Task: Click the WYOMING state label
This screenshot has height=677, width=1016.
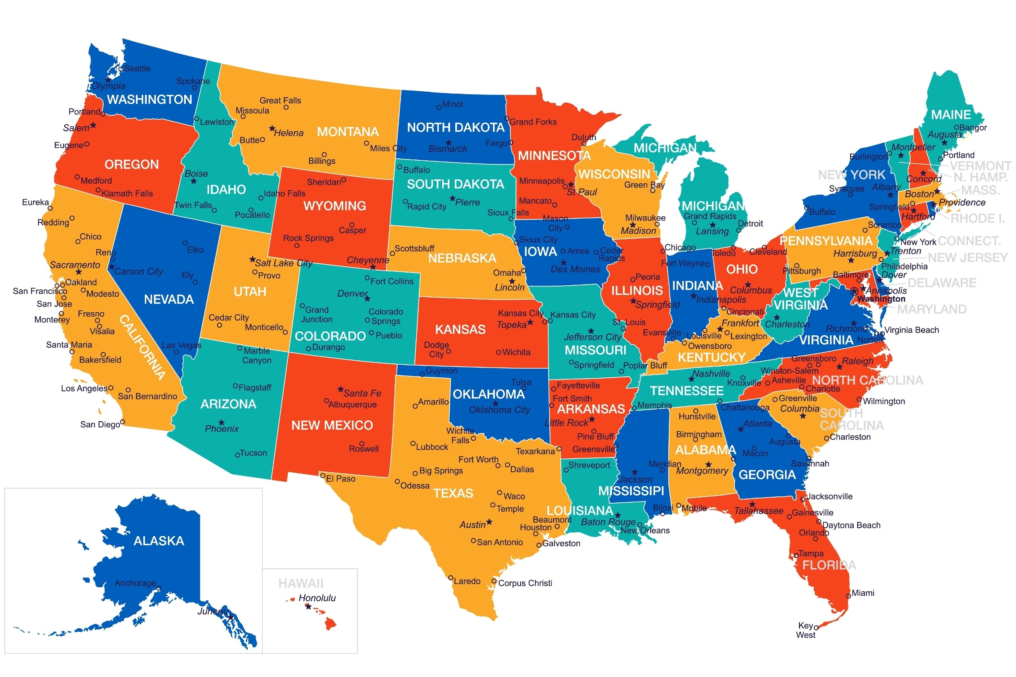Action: pos(334,206)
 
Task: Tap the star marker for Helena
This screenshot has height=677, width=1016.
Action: pos(271,128)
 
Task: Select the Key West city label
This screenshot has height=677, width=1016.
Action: pos(805,630)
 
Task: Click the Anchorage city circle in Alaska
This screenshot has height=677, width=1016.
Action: pos(158,588)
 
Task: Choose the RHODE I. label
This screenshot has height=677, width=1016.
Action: pos(978,219)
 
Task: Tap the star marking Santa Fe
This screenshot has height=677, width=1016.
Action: pos(340,389)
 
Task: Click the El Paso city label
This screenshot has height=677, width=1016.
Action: pos(340,479)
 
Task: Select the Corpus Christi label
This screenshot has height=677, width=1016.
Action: pos(525,583)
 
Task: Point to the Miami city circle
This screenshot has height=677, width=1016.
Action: pos(848,596)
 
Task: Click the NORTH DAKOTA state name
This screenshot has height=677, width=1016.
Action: pos(455,127)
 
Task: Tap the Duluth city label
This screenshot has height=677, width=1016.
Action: pos(583,137)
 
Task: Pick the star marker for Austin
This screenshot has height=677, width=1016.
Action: pos(489,521)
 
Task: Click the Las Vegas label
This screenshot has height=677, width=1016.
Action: pos(181,345)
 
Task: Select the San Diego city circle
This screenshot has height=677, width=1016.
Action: pos(123,422)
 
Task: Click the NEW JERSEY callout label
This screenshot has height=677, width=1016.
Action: pos(967,258)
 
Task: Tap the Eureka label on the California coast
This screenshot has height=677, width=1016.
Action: pos(35,202)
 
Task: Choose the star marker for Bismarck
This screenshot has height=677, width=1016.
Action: pos(448,142)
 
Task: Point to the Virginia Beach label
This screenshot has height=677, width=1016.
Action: pos(911,330)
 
